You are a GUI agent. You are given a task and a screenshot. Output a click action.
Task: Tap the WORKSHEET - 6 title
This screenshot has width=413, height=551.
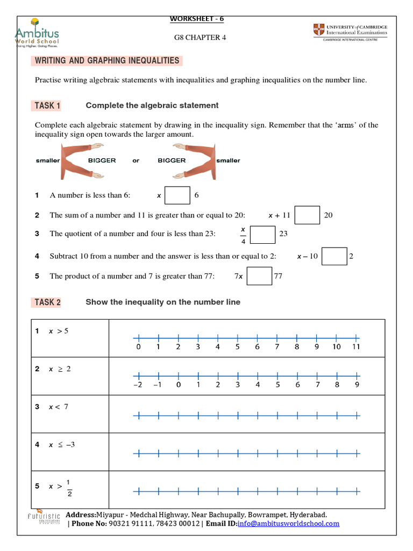(x=197, y=19)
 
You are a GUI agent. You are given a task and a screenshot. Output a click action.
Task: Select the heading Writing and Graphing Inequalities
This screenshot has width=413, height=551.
(x=108, y=61)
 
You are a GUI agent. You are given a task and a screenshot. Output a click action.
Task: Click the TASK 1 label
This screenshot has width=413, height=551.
(x=47, y=105)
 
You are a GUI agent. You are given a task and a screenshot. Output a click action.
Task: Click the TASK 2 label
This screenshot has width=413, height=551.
(x=47, y=302)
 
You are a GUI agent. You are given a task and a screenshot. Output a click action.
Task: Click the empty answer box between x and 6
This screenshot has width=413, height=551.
(x=177, y=195)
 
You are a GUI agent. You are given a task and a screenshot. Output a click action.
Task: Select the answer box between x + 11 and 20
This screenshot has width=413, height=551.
(x=308, y=215)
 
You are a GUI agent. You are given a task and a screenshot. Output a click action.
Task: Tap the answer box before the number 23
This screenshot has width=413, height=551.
(x=263, y=235)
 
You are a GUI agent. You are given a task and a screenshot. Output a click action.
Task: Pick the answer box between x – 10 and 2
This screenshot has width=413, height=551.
(x=334, y=257)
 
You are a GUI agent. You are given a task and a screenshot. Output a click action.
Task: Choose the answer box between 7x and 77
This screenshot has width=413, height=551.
(x=259, y=276)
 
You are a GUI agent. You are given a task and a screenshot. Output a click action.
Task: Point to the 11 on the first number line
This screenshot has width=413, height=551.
(x=355, y=347)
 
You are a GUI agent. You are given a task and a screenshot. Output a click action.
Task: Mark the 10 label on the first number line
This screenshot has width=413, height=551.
(x=336, y=347)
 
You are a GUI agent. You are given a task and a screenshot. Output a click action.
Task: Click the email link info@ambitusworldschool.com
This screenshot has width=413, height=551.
(x=288, y=524)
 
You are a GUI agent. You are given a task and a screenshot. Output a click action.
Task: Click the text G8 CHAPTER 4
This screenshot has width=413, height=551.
(x=197, y=38)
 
